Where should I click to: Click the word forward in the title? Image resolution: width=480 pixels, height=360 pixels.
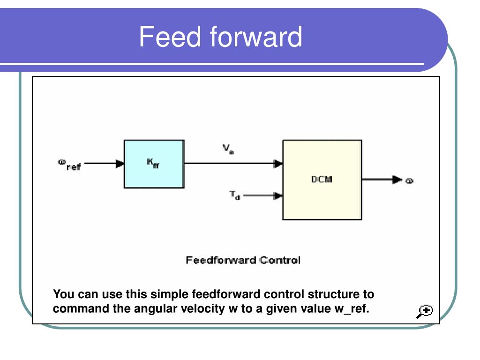point(255,37)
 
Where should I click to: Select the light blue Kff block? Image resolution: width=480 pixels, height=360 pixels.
point(154,164)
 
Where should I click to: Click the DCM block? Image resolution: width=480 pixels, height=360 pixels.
point(322,180)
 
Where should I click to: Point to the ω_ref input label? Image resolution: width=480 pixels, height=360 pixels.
point(69,165)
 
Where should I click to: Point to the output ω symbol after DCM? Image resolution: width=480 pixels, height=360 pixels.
point(409,180)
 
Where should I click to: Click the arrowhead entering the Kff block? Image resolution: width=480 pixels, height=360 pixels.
point(120,164)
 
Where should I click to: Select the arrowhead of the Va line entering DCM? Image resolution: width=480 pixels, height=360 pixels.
point(278,164)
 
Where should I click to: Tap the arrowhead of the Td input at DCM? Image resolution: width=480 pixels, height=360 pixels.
point(278,196)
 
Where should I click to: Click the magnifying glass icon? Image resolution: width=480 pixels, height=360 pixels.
point(425,311)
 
